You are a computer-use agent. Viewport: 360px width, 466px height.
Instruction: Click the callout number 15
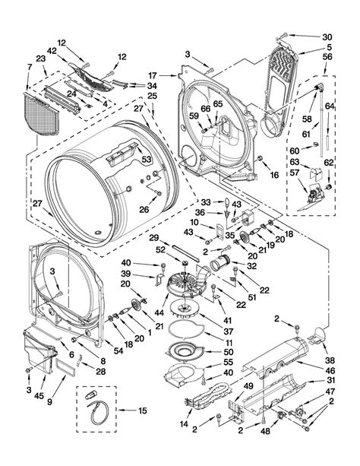[143, 411]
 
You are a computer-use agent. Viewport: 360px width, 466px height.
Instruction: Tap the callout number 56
[327, 56]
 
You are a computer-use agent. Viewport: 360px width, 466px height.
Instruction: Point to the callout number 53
[147, 160]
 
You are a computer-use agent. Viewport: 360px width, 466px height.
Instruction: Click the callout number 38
[330, 360]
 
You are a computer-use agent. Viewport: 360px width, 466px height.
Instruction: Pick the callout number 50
[229, 352]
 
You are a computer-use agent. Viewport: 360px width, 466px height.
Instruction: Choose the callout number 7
[29, 67]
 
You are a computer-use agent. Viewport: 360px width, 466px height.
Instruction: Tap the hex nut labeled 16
[260, 158]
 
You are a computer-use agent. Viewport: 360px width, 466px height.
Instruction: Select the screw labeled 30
[283, 36]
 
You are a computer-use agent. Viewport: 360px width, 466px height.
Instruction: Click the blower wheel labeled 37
[185, 312]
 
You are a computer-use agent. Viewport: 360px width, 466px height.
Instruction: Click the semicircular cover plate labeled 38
[317, 336]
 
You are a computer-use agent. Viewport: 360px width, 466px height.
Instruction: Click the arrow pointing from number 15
[128, 411]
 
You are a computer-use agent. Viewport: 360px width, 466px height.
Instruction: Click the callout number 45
[39, 396]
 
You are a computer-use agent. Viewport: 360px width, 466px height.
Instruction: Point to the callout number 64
[330, 106]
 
